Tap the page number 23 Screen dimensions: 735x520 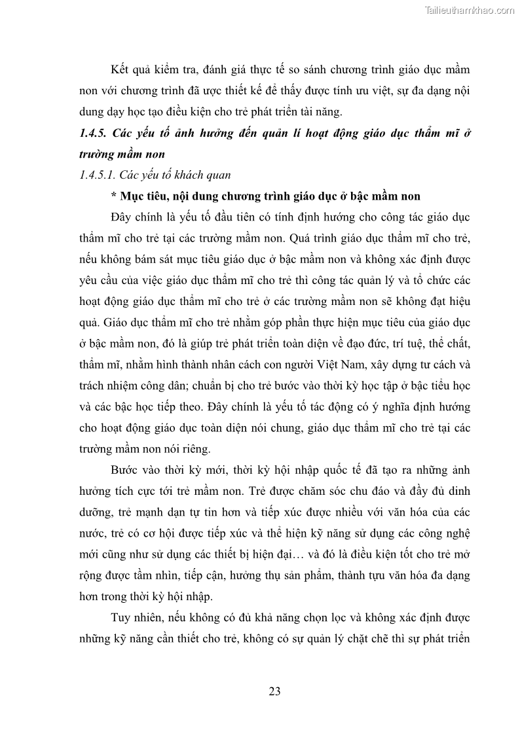(x=274, y=691)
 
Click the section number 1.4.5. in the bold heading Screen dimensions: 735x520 (x=92, y=134)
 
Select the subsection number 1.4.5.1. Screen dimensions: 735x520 (x=97, y=175)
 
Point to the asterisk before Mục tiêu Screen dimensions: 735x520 (x=114, y=196)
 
